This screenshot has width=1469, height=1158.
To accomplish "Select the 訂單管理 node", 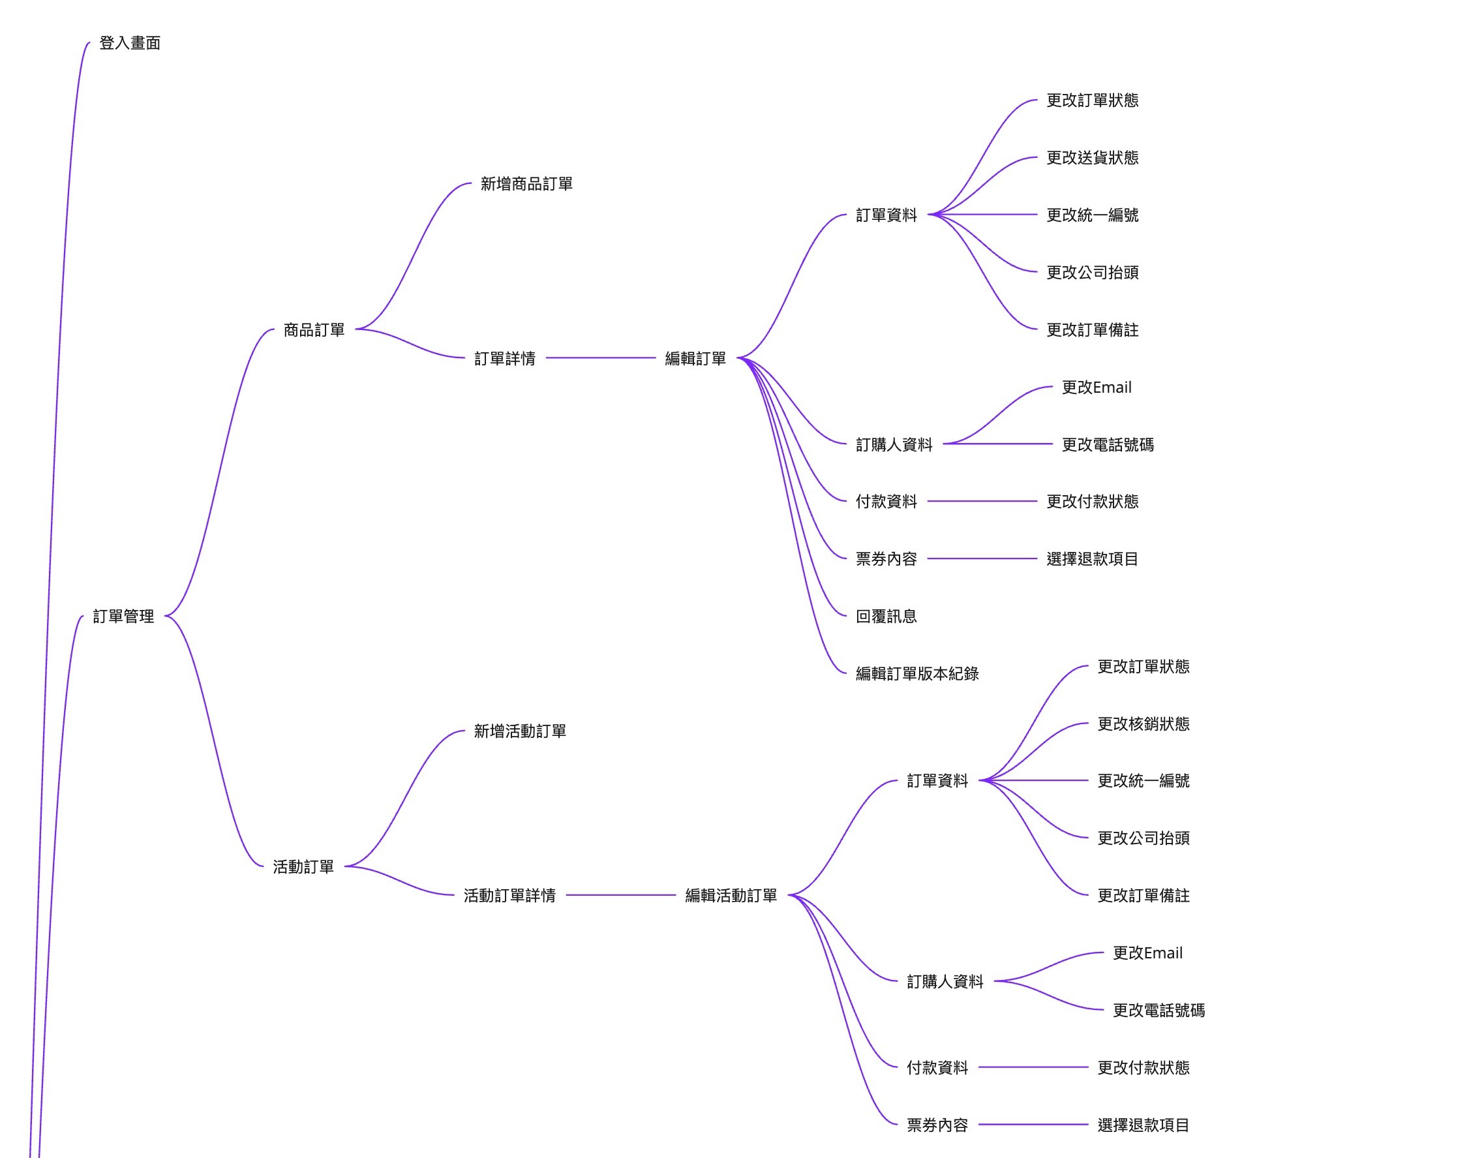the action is (x=123, y=617).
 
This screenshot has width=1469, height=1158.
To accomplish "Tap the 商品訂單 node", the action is (x=314, y=330).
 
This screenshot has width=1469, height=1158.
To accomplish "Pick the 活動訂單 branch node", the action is (x=303, y=866).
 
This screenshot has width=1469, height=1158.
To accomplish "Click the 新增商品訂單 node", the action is (x=526, y=184).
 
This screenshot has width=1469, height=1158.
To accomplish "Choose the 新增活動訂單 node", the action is (x=519, y=731).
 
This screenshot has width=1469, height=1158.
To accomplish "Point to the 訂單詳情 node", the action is (x=504, y=359).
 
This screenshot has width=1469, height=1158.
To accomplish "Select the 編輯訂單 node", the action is (x=695, y=359).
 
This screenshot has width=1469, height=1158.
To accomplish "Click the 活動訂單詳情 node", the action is (x=509, y=896).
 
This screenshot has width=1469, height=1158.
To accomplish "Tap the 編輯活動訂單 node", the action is (x=731, y=896).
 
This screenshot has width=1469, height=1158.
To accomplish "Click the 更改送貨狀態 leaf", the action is (x=1091, y=158).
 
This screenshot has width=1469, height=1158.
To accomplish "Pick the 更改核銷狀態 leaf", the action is (x=1143, y=724).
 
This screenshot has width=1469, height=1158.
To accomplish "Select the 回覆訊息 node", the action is (x=885, y=617).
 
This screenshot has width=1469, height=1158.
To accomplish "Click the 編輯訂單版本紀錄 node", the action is (x=916, y=674).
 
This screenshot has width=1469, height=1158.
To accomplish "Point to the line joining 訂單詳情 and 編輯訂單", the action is (x=601, y=358).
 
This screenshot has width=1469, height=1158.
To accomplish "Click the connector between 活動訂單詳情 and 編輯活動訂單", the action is (x=620, y=895).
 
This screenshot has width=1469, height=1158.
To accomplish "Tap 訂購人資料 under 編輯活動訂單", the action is (x=945, y=982).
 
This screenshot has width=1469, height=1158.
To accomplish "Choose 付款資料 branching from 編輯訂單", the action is (x=885, y=502).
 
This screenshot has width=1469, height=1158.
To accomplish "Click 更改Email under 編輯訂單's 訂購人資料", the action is (x=1095, y=388).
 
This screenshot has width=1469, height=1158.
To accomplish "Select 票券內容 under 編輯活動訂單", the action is (x=937, y=1125).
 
